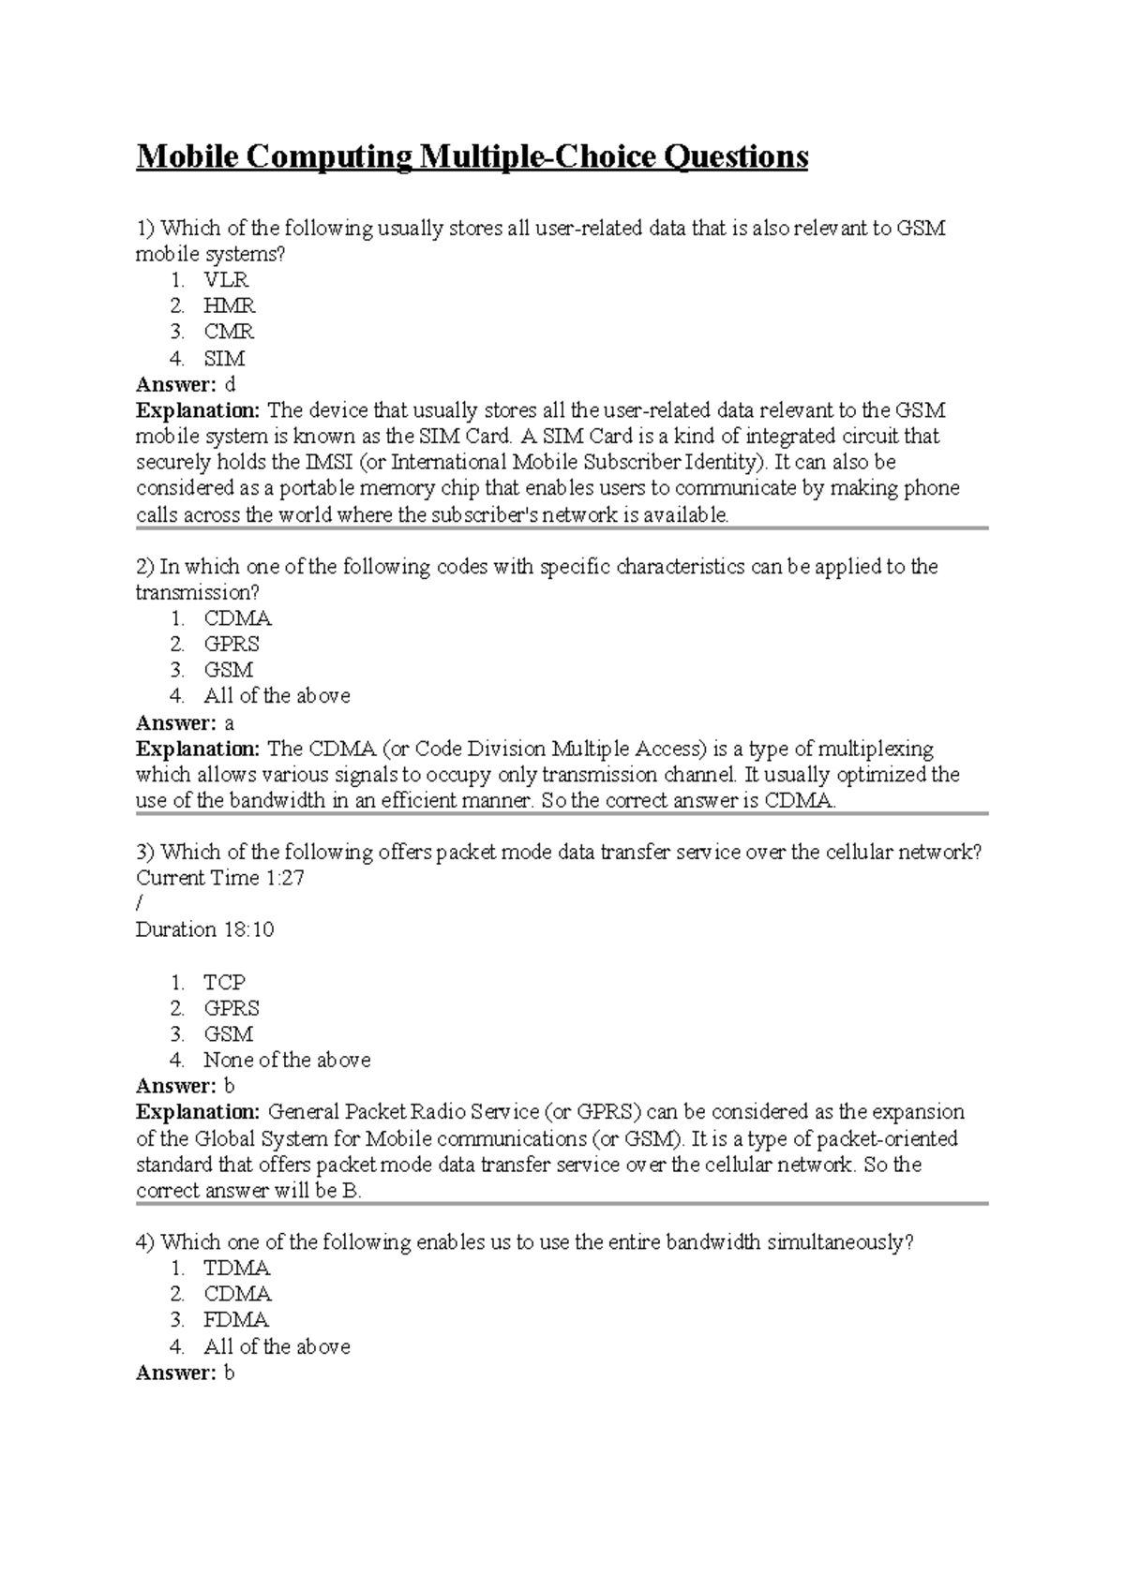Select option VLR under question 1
(x=226, y=279)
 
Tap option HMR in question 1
(x=229, y=305)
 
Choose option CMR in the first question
(x=229, y=332)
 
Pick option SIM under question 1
(x=224, y=358)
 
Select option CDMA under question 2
(x=237, y=618)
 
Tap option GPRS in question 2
(x=232, y=644)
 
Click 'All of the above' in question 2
(x=277, y=696)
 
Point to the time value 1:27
(x=285, y=878)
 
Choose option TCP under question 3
(x=224, y=982)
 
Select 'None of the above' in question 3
(x=287, y=1060)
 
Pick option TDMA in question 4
(x=237, y=1269)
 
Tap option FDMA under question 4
(x=236, y=1320)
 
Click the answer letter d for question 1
(x=231, y=384)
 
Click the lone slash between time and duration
(x=140, y=904)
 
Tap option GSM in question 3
(x=228, y=1034)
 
